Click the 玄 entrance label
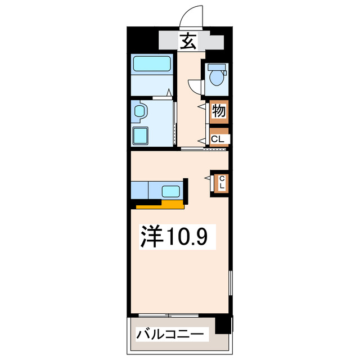pos(188,40)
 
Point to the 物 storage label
pos(219,111)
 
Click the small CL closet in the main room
pos(221,182)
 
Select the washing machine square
pos(141,136)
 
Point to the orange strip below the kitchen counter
pos(160,205)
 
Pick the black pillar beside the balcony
pos(224,324)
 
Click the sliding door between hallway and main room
pos(204,149)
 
